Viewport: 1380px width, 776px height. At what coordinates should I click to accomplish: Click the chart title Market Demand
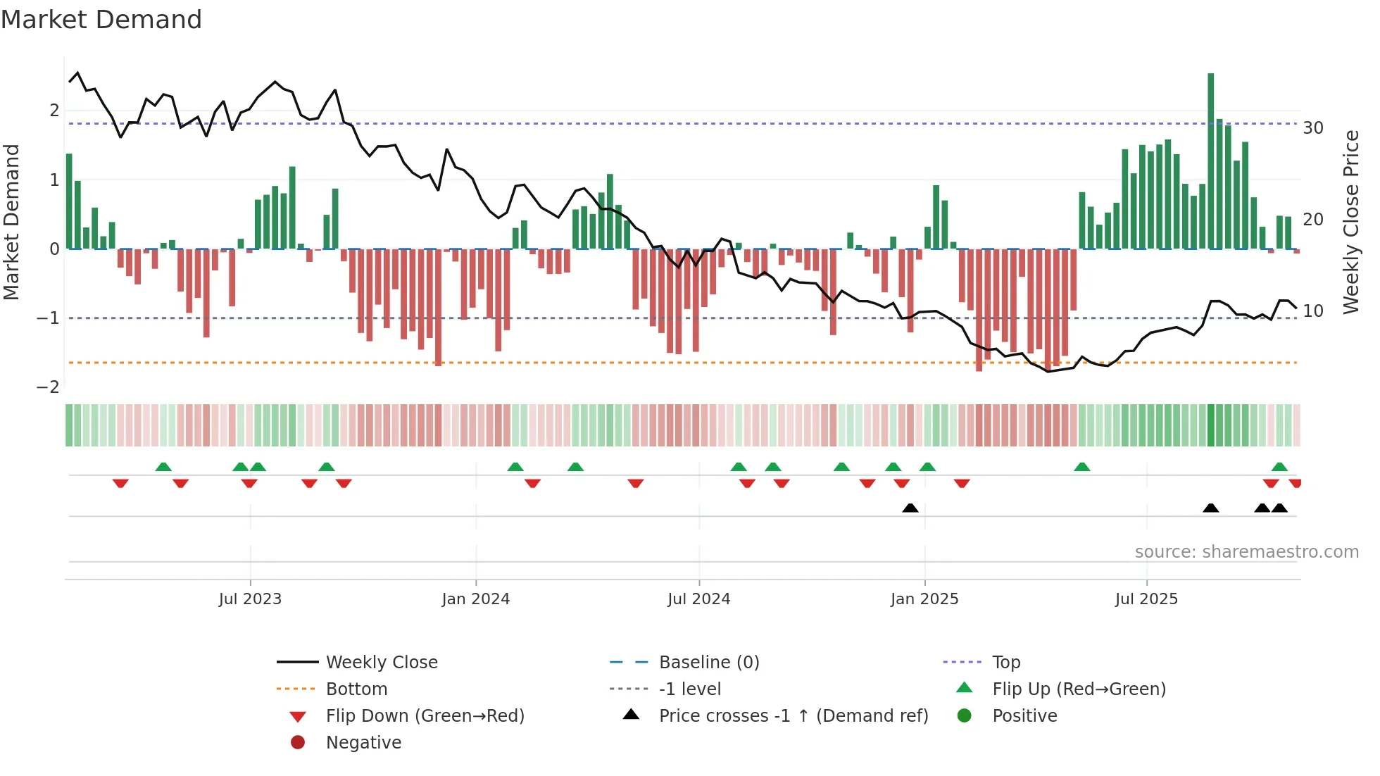tap(101, 20)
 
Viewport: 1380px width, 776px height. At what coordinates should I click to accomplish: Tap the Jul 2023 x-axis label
tap(250, 599)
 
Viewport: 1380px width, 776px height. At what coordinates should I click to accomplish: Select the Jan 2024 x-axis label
tap(476, 599)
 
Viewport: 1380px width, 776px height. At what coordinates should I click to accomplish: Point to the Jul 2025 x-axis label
tap(1146, 599)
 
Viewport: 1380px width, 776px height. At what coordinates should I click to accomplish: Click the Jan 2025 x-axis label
tap(924, 599)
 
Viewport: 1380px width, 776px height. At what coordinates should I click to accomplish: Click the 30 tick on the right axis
tap(1313, 128)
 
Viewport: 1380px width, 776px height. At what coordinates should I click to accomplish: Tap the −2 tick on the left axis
tap(48, 387)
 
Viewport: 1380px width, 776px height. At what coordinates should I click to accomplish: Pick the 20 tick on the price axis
tap(1313, 220)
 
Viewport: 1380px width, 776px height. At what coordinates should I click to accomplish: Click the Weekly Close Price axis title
tap(1350, 222)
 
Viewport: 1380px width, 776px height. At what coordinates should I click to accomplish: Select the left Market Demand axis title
tap(11, 222)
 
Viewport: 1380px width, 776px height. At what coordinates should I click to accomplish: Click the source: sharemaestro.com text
tap(1246, 552)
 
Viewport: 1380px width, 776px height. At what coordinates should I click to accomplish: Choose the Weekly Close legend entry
tap(382, 663)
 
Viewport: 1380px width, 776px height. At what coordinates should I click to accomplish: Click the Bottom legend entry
tap(356, 689)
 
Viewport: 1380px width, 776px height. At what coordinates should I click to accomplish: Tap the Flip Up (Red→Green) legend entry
tap(1079, 689)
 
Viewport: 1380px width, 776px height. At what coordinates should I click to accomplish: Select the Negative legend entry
tap(363, 743)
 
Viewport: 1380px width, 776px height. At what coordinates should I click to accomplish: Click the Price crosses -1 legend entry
tap(793, 716)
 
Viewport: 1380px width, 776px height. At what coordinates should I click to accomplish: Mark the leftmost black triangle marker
tap(910, 508)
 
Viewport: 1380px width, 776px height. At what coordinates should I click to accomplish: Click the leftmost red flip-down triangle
tap(120, 483)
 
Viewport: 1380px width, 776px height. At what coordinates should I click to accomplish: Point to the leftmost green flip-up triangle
tap(163, 467)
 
